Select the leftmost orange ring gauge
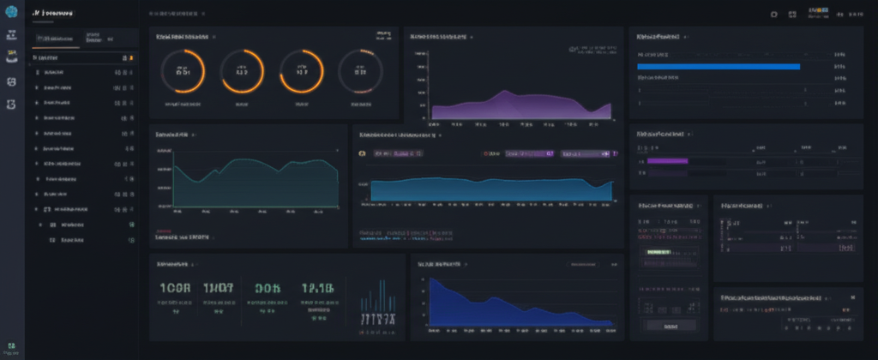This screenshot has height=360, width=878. [x=183, y=71]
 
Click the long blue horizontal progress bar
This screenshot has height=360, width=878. [x=719, y=66]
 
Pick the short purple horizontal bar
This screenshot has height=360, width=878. [x=668, y=160]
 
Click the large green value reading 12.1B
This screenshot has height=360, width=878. [x=317, y=289]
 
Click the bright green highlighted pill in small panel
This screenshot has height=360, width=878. [x=658, y=253]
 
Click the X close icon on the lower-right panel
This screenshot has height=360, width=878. [x=852, y=297]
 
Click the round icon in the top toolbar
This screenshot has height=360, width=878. [x=773, y=15]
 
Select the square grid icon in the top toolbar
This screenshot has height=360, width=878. [x=792, y=15]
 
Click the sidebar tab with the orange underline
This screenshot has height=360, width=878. [x=56, y=39]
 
